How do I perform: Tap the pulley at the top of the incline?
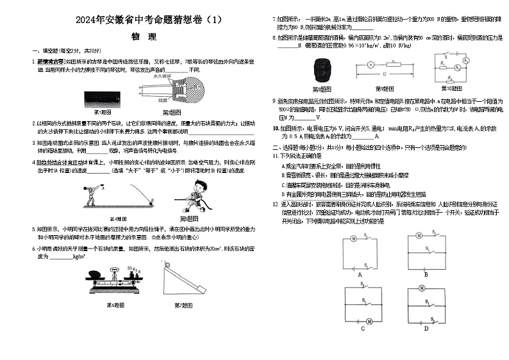[169, 267]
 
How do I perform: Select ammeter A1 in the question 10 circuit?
[456, 67]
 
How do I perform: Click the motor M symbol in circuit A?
[352, 238]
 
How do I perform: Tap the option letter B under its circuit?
[425, 274]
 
